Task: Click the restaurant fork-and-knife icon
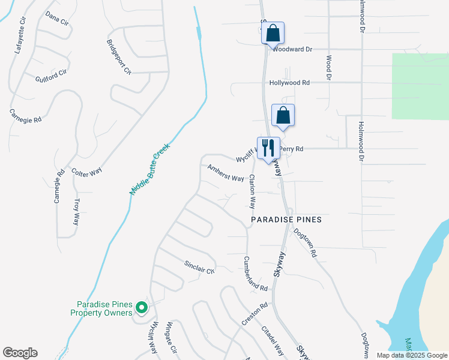click(268, 148)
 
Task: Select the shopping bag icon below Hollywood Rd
click(283, 115)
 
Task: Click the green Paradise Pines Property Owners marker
click(142, 308)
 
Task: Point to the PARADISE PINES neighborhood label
click(286, 220)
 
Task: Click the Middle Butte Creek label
click(151, 169)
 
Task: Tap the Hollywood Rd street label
click(289, 83)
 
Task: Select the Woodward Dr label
click(292, 50)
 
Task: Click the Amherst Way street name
click(226, 174)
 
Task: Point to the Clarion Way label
click(253, 191)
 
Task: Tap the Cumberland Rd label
click(255, 274)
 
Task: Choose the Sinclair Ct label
click(199, 267)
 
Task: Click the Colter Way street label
click(86, 172)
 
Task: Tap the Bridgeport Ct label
click(119, 57)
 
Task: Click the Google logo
click(20, 353)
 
